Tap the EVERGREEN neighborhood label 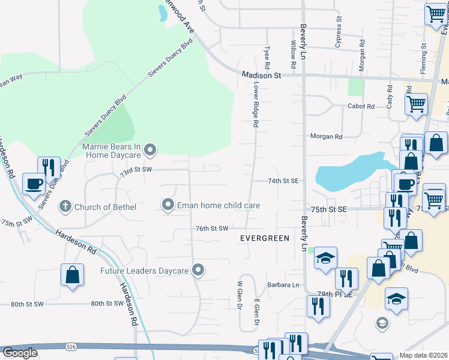pos(265,238)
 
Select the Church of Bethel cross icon pos(65,207)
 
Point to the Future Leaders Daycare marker pos(198,271)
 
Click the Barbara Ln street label pos(283,285)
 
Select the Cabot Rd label pos(361,106)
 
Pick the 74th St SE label pos(283,181)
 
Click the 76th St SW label pos(212,229)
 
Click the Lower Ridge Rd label pos(256,105)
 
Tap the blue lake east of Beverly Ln pos(348,170)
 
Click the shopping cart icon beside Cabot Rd pos(416,104)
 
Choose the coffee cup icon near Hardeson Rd pos(34,183)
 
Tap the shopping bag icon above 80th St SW pos(71,275)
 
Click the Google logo pos(20,353)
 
